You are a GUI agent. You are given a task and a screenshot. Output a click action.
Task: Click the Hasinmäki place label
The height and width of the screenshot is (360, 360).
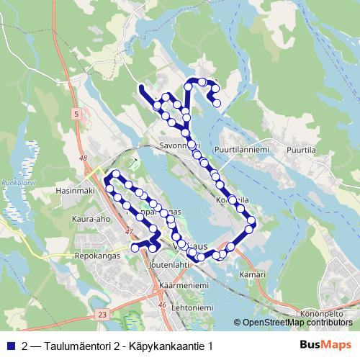pyautogui.click(x=75, y=191)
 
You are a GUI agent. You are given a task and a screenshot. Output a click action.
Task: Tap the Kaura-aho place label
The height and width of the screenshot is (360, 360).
pyautogui.click(x=90, y=217)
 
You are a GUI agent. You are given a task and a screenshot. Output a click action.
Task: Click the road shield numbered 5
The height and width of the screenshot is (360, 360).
pyautogui.click(x=75, y=114)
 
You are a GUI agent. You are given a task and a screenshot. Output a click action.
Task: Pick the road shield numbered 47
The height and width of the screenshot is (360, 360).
pyautogui.click(x=129, y=231)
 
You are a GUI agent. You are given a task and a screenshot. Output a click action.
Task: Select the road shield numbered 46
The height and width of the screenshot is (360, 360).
pyautogui.click(x=163, y=305)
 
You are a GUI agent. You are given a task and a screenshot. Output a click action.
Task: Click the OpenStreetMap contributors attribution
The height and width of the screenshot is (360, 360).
pyautogui.click(x=296, y=322)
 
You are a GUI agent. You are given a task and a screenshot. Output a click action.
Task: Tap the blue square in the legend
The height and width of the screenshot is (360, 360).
pyautogui.click(x=11, y=346)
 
